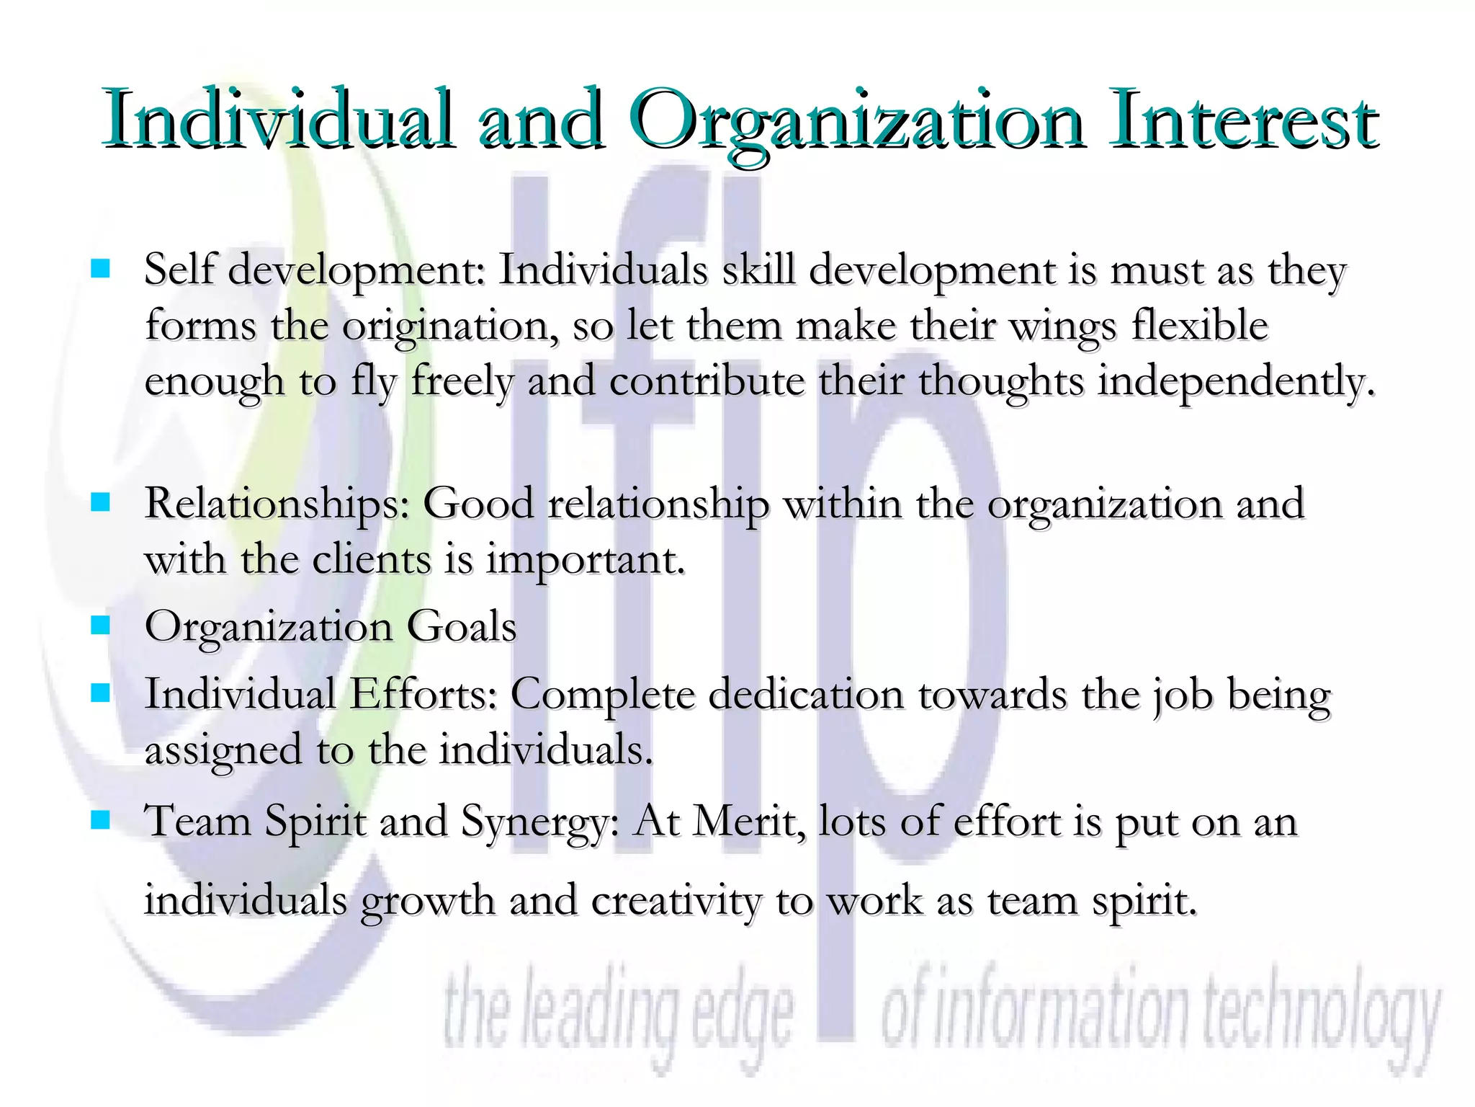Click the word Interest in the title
pos(1242,119)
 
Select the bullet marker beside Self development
pos(100,269)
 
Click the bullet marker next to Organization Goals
pos(100,625)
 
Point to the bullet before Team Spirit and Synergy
pos(100,819)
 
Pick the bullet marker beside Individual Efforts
pos(100,693)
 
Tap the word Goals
pos(462,625)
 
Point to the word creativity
pos(676,901)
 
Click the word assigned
pos(223,751)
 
